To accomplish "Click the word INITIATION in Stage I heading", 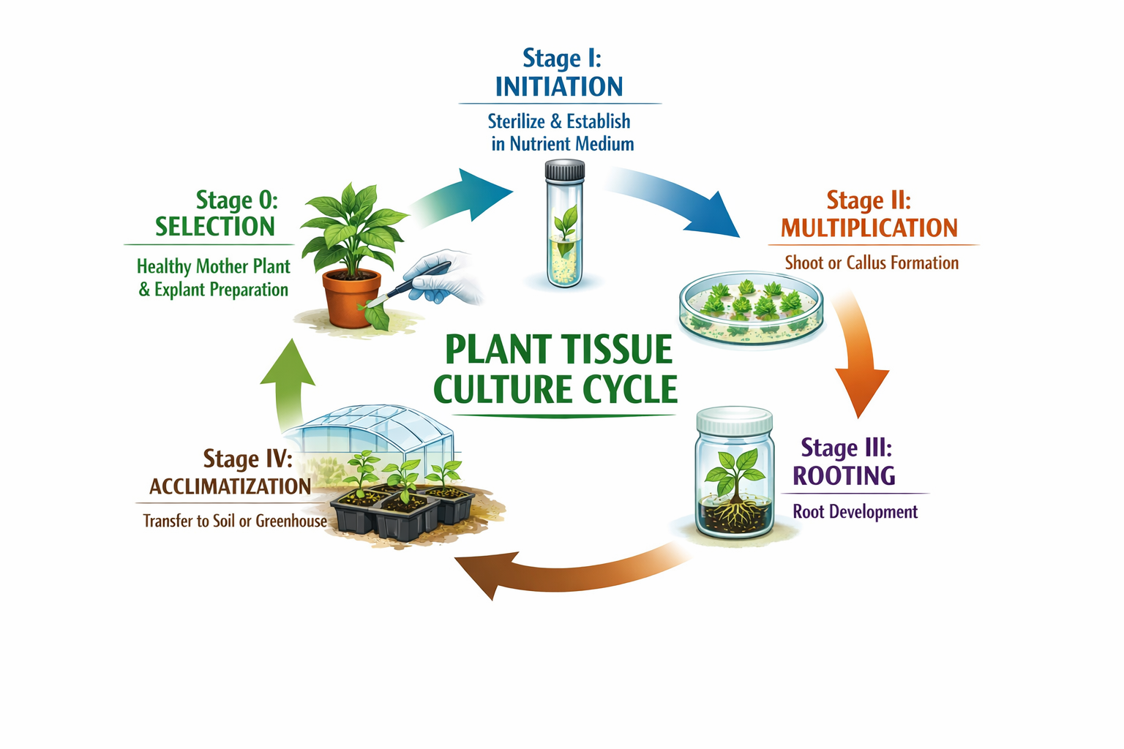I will (x=559, y=87).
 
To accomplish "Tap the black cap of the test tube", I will (x=565, y=170).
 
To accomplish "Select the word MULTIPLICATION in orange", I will (x=869, y=228).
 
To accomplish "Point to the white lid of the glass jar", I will (x=734, y=421).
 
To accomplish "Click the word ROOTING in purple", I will (x=844, y=476).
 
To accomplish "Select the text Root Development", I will (x=855, y=511).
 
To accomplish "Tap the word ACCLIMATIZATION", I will (x=230, y=486).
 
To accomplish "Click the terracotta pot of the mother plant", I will (x=352, y=297).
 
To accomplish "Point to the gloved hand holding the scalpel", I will (x=439, y=279).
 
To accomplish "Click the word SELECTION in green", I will (x=214, y=227).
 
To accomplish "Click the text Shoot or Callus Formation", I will (x=872, y=263).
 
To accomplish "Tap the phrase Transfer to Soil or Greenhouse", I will (x=235, y=521).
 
